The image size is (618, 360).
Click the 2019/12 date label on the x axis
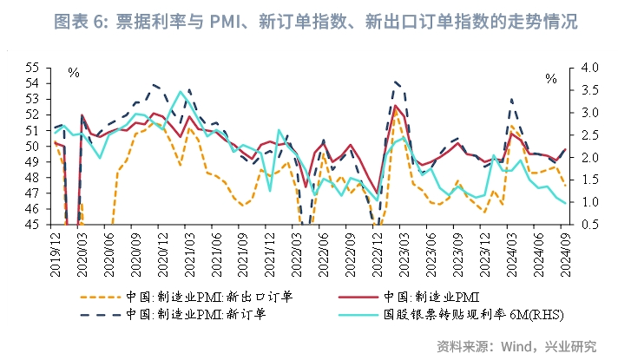tap(56, 251)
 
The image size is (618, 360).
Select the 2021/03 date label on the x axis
tap(189, 251)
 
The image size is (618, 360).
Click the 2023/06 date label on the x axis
tap(431, 251)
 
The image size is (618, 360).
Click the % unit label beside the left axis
tap(73, 72)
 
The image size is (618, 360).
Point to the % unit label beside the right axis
tap(550, 78)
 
